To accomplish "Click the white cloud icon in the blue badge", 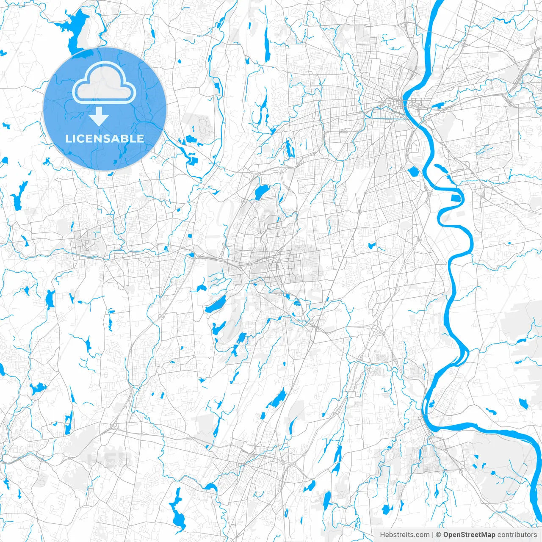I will (104, 83).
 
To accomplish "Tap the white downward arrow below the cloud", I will (99, 116).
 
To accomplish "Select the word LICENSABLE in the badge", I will (105, 138).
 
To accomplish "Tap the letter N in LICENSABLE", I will (104, 138).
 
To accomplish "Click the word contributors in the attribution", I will (517, 535).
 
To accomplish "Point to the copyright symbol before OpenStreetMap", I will (439, 535).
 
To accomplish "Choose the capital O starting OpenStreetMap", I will (446, 535).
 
